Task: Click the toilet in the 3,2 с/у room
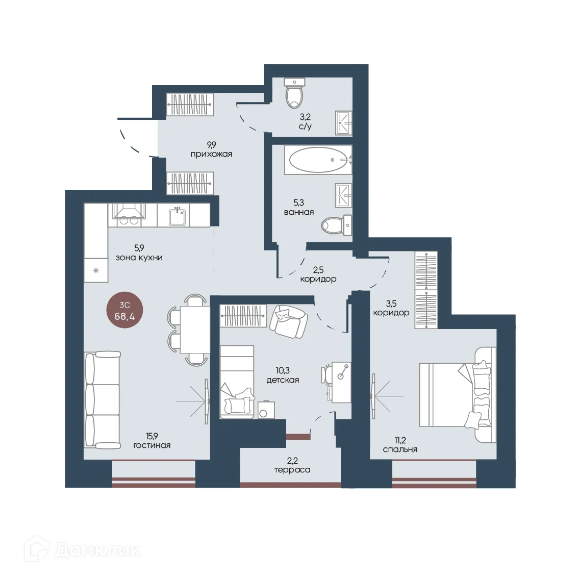click(295, 93)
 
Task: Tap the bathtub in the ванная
click(318, 160)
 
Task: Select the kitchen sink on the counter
click(177, 215)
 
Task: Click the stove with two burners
click(129, 215)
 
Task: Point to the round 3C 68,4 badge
click(125, 311)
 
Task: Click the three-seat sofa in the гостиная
click(103, 399)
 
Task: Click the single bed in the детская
click(237, 382)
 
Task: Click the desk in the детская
click(341, 382)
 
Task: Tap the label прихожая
click(211, 154)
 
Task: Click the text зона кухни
click(139, 258)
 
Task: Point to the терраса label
click(292, 470)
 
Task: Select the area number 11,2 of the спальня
click(400, 440)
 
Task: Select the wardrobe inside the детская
click(243, 316)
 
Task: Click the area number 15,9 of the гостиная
click(152, 436)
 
